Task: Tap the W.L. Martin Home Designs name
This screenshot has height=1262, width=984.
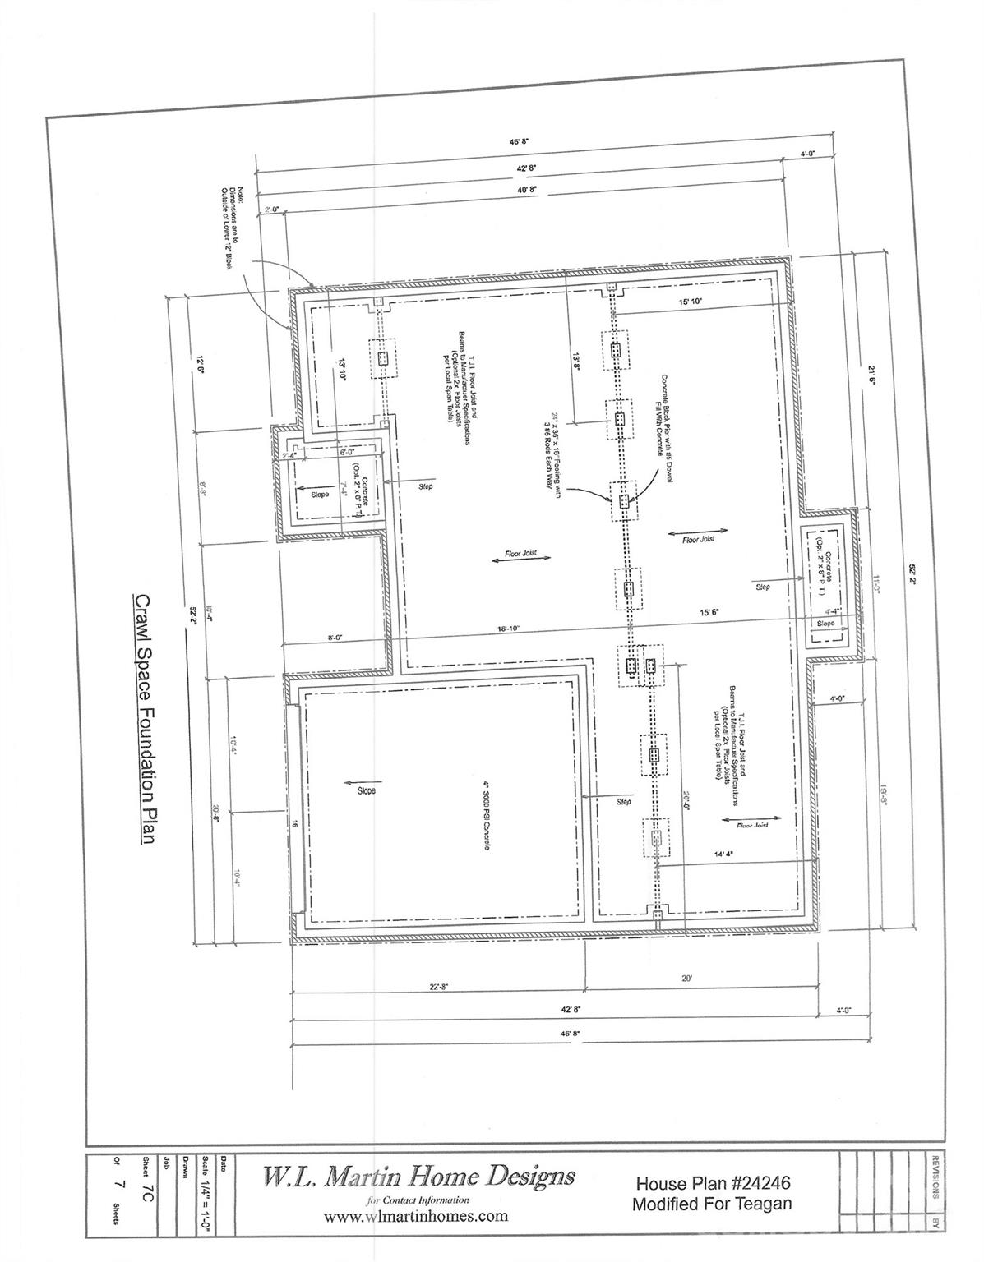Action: tap(418, 1177)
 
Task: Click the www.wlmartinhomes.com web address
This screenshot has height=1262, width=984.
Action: tap(416, 1216)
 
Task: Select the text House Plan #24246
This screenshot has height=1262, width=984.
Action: tap(714, 1184)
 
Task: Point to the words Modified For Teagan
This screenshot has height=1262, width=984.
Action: tap(712, 1204)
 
